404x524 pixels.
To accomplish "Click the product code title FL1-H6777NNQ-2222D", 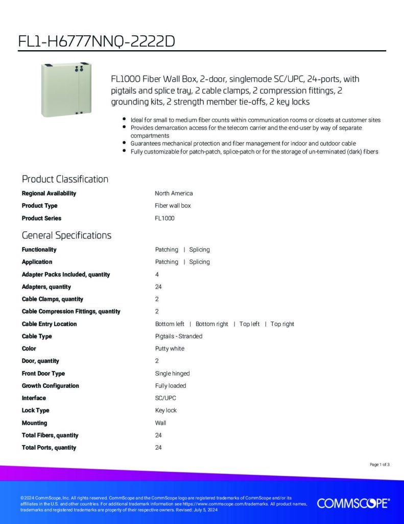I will pyautogui.click(x=97, y=41).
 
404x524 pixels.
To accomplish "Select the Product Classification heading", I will pyautogui.click(x=65, y=179).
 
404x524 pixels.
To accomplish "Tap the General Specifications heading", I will pyautogui.click(x=66, y=235).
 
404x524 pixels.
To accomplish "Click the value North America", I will pyautogui.click(x=174, y=193).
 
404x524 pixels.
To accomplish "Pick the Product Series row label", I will pyautogui.click(x=41, y=218).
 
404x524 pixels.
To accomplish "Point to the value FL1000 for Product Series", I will pyautogui.click(x=164, y=218).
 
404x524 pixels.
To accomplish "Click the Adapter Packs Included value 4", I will pyautogui.click(x=157, y=274).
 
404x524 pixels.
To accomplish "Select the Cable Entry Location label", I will pyautogui.click(x=49, y=324).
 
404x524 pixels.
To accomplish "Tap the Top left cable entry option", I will pyautogui.click(x=250, y=324).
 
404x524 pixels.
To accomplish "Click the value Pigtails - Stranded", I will pyautogui.click(x=179, y=336).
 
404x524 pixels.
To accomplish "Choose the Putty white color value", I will pyautogui.click(x=170, y=348).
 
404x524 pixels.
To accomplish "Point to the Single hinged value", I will pyautogui.click(x=172, y=374).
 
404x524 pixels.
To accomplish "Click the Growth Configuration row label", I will pyautogui.click(x=50, y=386).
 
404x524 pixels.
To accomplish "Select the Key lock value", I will pyautogui.click(x=166, y=410).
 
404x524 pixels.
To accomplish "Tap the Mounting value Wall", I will pyautogui.click(x=160, y=423).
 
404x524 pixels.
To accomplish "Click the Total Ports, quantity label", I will pyautogui.click(x=49, y=448).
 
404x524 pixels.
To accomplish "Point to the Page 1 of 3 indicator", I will pyautogui.click(x=379, y=465).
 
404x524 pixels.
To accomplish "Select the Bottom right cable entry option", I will pyautogui.click(x=212, y=324).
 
